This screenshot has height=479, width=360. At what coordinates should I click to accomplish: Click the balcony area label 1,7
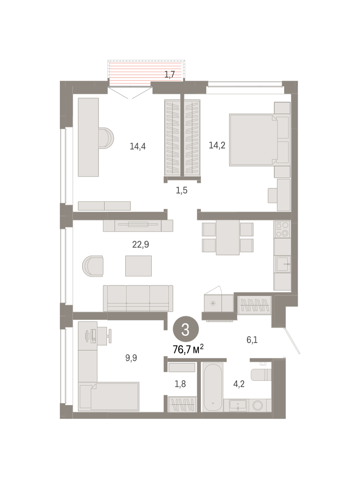[x=170, y=74]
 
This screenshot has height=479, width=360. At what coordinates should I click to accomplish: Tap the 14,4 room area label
[x=138, y=146]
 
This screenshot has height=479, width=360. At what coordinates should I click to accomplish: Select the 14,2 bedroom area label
[x=217, y=145]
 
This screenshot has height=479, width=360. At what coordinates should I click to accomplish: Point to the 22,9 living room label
[x=140, y=244]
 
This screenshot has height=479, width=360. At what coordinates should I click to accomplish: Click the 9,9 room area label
[x=131, y=358]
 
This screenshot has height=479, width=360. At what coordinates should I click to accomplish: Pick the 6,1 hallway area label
[x=252, y=340]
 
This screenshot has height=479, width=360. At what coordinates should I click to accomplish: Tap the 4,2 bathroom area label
[x=239, y=384]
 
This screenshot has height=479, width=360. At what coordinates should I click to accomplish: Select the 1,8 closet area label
[x=180, y=384]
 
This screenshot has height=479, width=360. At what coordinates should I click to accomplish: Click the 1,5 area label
[x=182, y=190]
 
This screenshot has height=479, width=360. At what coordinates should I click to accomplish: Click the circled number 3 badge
[x=186, y=329]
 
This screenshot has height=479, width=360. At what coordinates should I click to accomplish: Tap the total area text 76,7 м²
[x=188, y=349]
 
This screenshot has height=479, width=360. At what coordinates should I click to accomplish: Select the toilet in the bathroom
[x=261, y=375]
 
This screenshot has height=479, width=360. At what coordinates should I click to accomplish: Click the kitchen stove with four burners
[x=282, y=229]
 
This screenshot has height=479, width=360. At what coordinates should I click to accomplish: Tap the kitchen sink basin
[x=283, y=264]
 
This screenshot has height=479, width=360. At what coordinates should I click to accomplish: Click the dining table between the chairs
[x=227, y=238]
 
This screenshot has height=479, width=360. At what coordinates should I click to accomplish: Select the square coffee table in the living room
[x=138, y=266]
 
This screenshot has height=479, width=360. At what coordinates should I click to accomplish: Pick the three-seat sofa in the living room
[x=138, y=298]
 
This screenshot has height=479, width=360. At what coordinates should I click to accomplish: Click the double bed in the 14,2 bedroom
[x=253, y=140]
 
